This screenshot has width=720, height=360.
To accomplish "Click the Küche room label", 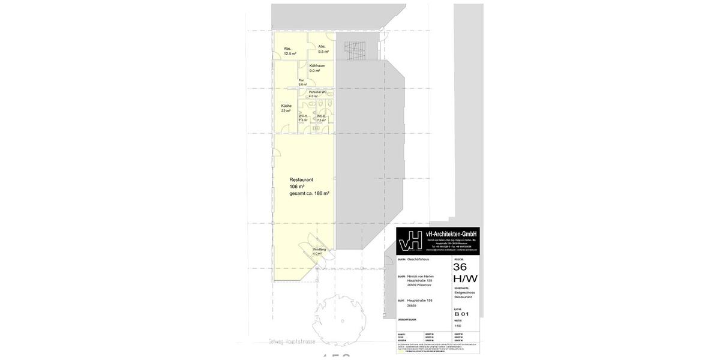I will click(286, 106).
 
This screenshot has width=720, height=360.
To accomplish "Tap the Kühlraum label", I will click(317, 65).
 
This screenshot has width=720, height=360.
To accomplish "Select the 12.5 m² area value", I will click(290, 54).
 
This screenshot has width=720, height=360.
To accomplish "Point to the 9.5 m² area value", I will click(323, 52).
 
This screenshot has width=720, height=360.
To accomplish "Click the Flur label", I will click(301, 80).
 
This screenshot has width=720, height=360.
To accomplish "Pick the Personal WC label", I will click(317, 92).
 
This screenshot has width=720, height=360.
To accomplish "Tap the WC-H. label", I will click(303, 116).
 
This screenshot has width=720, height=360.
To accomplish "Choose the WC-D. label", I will click(321, 116).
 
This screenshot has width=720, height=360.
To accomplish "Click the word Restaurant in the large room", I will click(301, 179).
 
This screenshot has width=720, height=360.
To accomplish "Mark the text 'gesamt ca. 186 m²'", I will click(309, 193).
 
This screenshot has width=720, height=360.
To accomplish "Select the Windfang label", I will click(319, 249).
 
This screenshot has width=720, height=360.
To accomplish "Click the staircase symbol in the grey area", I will click(354, 50).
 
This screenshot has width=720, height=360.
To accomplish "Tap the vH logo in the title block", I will click(410, 241).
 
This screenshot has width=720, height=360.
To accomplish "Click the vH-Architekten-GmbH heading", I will click(451, 234).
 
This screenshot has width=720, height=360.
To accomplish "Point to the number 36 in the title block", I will click(460, 267).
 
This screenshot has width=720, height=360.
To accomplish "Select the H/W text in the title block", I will click(465, 278).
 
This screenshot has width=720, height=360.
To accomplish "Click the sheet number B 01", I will click(461, 314).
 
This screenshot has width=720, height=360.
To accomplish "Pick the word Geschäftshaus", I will click(418, 259).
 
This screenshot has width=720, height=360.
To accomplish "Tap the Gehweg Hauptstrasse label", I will click(292, 341).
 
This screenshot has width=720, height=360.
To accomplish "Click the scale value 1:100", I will click(458, 326).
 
